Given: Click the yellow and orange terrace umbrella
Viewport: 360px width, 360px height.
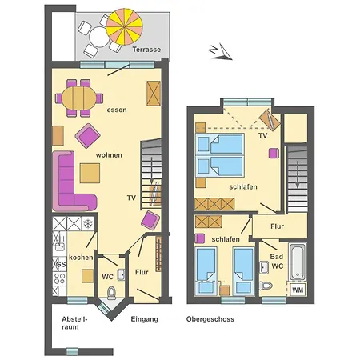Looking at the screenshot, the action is pos(124,27).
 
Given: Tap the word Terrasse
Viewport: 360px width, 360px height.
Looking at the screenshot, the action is pos(146,50).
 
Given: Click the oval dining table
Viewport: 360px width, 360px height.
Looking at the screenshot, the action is pos(78,98).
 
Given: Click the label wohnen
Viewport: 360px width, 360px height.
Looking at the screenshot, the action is pos(109,155).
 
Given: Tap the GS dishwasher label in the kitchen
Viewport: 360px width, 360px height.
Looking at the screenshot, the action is pos(61,264).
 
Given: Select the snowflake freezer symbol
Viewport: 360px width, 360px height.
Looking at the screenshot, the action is pos(88,223).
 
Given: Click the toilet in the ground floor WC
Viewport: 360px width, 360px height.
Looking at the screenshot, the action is pos(111,293).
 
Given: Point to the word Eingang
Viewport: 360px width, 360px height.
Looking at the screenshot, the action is pos(144,319).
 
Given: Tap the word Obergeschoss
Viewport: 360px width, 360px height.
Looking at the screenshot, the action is pos(210,319).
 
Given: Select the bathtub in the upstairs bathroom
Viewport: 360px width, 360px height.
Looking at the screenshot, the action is pos(298,262).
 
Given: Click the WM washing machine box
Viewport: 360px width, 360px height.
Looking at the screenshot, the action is pos(298,290).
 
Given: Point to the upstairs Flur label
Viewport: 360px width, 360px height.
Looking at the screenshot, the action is pos(277,226).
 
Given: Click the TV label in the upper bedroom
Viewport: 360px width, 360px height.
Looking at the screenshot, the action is pos(263,136).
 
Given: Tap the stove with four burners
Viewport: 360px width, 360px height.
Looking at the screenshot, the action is pos(59,278).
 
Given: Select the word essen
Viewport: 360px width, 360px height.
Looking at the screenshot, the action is pos(117,110).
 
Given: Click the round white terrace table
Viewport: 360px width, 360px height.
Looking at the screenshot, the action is pos(99,37).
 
